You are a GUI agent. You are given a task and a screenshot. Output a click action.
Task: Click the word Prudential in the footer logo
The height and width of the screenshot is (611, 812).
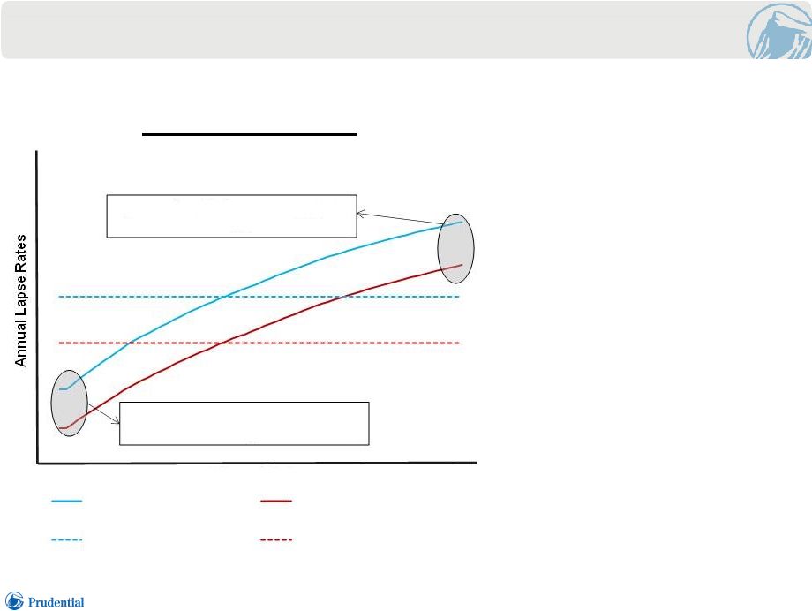pos(56,602)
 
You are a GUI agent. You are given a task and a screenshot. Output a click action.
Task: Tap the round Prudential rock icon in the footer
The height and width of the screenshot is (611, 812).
pos(14,600)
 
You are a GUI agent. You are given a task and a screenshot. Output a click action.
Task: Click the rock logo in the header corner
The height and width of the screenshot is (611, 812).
pos(779,30)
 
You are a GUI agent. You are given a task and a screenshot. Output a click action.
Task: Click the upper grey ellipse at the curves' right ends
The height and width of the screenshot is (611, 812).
pos(455,248)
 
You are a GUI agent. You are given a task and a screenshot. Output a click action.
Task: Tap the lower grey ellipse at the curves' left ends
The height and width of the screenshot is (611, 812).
pos(69,403)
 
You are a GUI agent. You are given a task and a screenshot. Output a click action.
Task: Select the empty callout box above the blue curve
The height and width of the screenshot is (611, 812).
pos(231,216)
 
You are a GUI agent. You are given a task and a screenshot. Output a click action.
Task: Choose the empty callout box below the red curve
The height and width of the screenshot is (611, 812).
pos(244,424)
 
